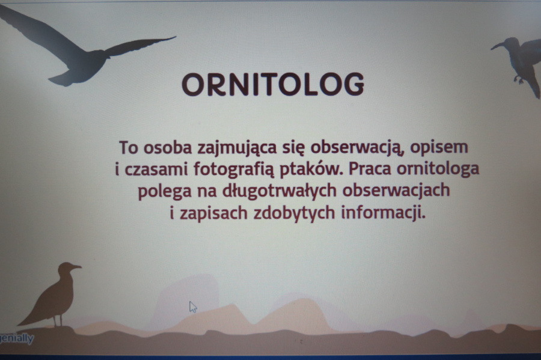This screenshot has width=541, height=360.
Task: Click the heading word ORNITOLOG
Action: pos(273,84)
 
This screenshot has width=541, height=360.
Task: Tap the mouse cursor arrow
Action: pos(192,307)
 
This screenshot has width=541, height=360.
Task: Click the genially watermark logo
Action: pos(17,338)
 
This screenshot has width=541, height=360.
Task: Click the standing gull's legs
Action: pos(58,320)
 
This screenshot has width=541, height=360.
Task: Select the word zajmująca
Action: pos(237,148)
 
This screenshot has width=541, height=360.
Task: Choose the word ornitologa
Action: pos(438,169)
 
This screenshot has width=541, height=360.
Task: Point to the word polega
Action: pos(165,191)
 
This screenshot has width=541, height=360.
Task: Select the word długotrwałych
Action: pos(279,191)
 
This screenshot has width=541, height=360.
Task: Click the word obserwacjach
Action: pos(396,191)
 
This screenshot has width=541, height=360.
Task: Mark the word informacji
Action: pos(383,213)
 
